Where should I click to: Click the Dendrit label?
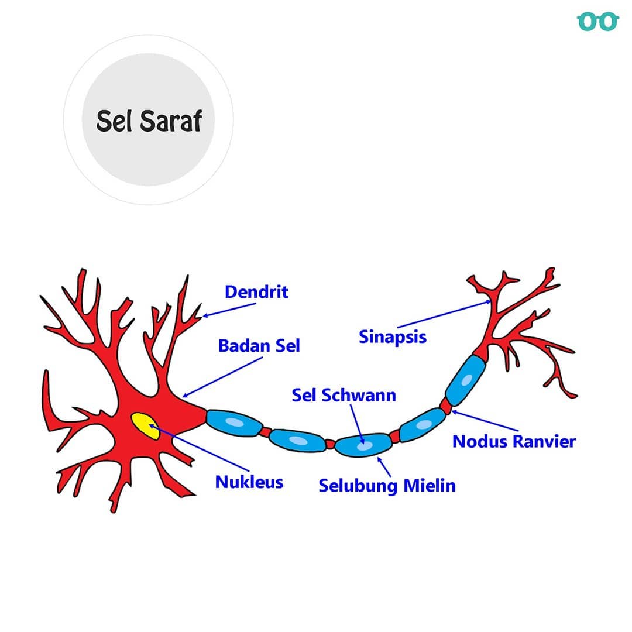(256, 292)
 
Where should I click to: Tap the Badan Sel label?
(259, 345)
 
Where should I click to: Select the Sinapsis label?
(393, 337)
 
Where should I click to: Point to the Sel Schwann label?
(344, 395)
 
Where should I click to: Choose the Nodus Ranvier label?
(514, 441)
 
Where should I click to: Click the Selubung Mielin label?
(387, 486)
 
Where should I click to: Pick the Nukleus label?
(249, 482)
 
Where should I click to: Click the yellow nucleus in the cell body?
(145, 425)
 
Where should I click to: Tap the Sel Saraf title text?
(149, 121)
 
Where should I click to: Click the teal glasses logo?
(597, 22)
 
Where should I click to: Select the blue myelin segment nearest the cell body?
(233, 423)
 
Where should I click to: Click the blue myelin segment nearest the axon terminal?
(466, 380)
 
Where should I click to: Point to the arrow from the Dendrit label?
(229, 310)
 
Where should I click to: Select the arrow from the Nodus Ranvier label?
(485, 421)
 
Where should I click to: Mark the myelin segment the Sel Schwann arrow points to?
(363, 445)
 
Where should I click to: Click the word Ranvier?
(545, 441)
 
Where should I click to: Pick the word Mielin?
(430, 485)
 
